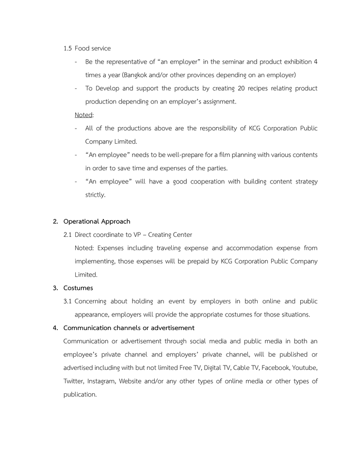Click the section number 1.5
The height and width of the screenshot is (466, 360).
[68, 49]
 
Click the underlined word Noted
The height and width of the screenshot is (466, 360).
[83, 115]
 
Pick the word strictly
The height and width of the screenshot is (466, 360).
[95, 195]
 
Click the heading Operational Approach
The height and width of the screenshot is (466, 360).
[97, 221]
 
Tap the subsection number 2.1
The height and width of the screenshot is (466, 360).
[68, 235]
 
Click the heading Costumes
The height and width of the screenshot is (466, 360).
[78, 288]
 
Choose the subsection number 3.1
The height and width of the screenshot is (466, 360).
[68, 301]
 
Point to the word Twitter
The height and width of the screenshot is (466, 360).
[73, 381]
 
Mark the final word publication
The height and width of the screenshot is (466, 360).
[80, 395]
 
